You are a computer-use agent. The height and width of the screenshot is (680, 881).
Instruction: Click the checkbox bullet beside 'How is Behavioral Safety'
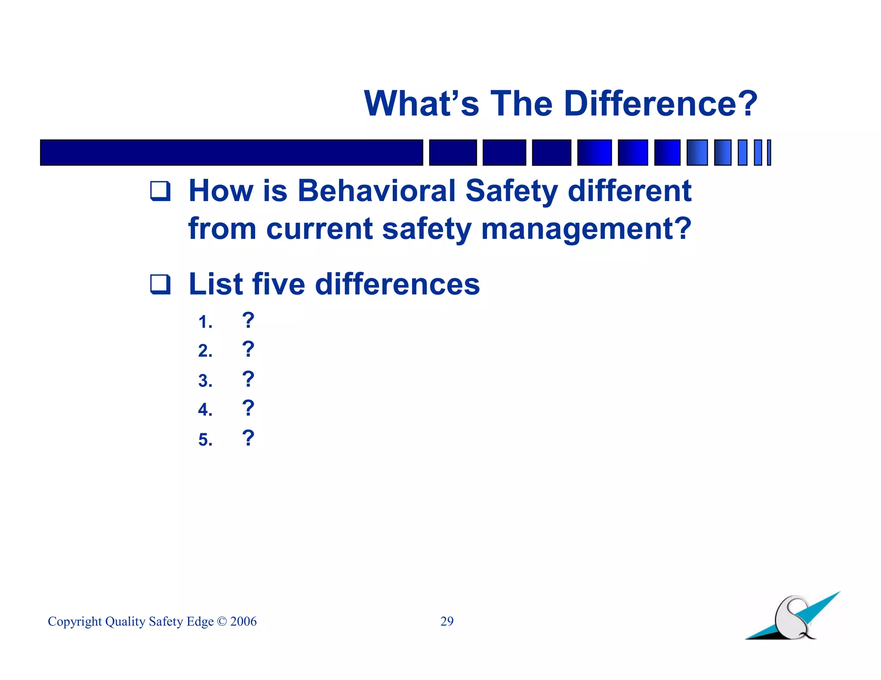click(x=160, y=191)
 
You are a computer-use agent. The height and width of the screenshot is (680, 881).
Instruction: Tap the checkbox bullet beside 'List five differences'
click(x=160, y=284)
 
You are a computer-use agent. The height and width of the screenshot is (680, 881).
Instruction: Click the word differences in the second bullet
click(x=397, y=284)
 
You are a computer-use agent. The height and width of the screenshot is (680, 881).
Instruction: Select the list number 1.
click(x=205, y=322)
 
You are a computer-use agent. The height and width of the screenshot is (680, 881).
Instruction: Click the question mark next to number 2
click(x=248, y=349)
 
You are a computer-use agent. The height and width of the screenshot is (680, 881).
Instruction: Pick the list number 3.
click(x=205, y=381)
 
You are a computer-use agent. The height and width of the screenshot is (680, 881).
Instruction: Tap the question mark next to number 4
click(x=248, y=408)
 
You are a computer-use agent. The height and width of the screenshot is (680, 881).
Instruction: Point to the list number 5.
click(x=205, y=440)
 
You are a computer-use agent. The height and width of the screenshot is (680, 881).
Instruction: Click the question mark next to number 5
click(x=248, y=438)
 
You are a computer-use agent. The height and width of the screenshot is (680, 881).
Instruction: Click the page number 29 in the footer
click(x=447, y=621)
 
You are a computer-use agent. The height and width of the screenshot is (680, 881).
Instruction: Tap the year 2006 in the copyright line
click(x=243, y=622)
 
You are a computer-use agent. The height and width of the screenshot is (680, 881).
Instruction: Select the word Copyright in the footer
click(x=75, y=622)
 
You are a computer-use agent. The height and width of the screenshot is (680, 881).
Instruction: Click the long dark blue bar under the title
click(x=231, y=153)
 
